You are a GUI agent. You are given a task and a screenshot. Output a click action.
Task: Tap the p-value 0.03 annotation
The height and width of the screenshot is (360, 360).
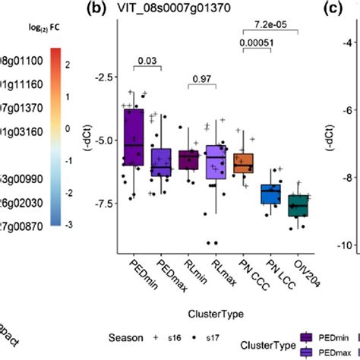pyautogui.click(x=146, y=59)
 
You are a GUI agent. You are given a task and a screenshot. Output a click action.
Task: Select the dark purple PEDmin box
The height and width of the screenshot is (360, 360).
pyautogui.click(x=134, y=137)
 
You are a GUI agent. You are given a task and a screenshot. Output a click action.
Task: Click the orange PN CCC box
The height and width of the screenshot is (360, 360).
pyautogui.click(x=244, y=163)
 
